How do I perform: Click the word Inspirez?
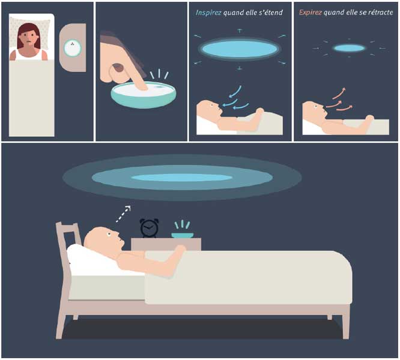coord(208,13)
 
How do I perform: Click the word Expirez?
coord(310,13)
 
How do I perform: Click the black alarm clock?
coord(149,228)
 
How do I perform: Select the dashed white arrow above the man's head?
coord(123,214)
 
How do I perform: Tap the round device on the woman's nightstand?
coord(73,48)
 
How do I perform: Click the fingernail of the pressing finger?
coord(118,68)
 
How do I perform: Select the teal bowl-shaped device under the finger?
coord(144,95)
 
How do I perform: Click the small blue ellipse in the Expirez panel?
coord(349,48)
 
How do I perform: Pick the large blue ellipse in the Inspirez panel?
coord(239,49)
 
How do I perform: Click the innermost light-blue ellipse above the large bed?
coord(181,178)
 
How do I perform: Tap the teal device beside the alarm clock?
coord(182,235)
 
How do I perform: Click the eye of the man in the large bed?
coord(109,234)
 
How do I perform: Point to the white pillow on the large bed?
coord(94,260)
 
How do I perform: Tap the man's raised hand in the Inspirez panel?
coord(259,112)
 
